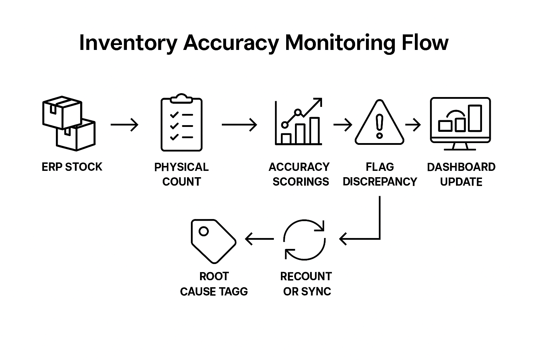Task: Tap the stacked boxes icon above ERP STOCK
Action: (x=69, y=123)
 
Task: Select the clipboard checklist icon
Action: (x=181, y=122)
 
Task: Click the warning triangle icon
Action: (x=379, y=122)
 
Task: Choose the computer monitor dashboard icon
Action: (x=461, y=124)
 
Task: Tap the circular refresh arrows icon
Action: (x=304, y=240)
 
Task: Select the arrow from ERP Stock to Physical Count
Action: (x=125, y=125)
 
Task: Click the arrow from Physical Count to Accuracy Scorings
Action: (x=239, y=125)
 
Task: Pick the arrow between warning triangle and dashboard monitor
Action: (x=413, y=125)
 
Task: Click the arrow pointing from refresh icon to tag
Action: (x=259, y=239)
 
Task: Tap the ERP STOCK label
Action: (x=72, y=167)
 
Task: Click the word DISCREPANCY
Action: (x=380, y=181)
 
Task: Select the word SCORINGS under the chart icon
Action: (x=301, y=181)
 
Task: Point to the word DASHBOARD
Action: (x=461, y=167)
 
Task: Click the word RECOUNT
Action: (x=306, y=276)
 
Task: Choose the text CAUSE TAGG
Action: (x=214, y=291)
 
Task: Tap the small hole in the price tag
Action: (x=204, y=231)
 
